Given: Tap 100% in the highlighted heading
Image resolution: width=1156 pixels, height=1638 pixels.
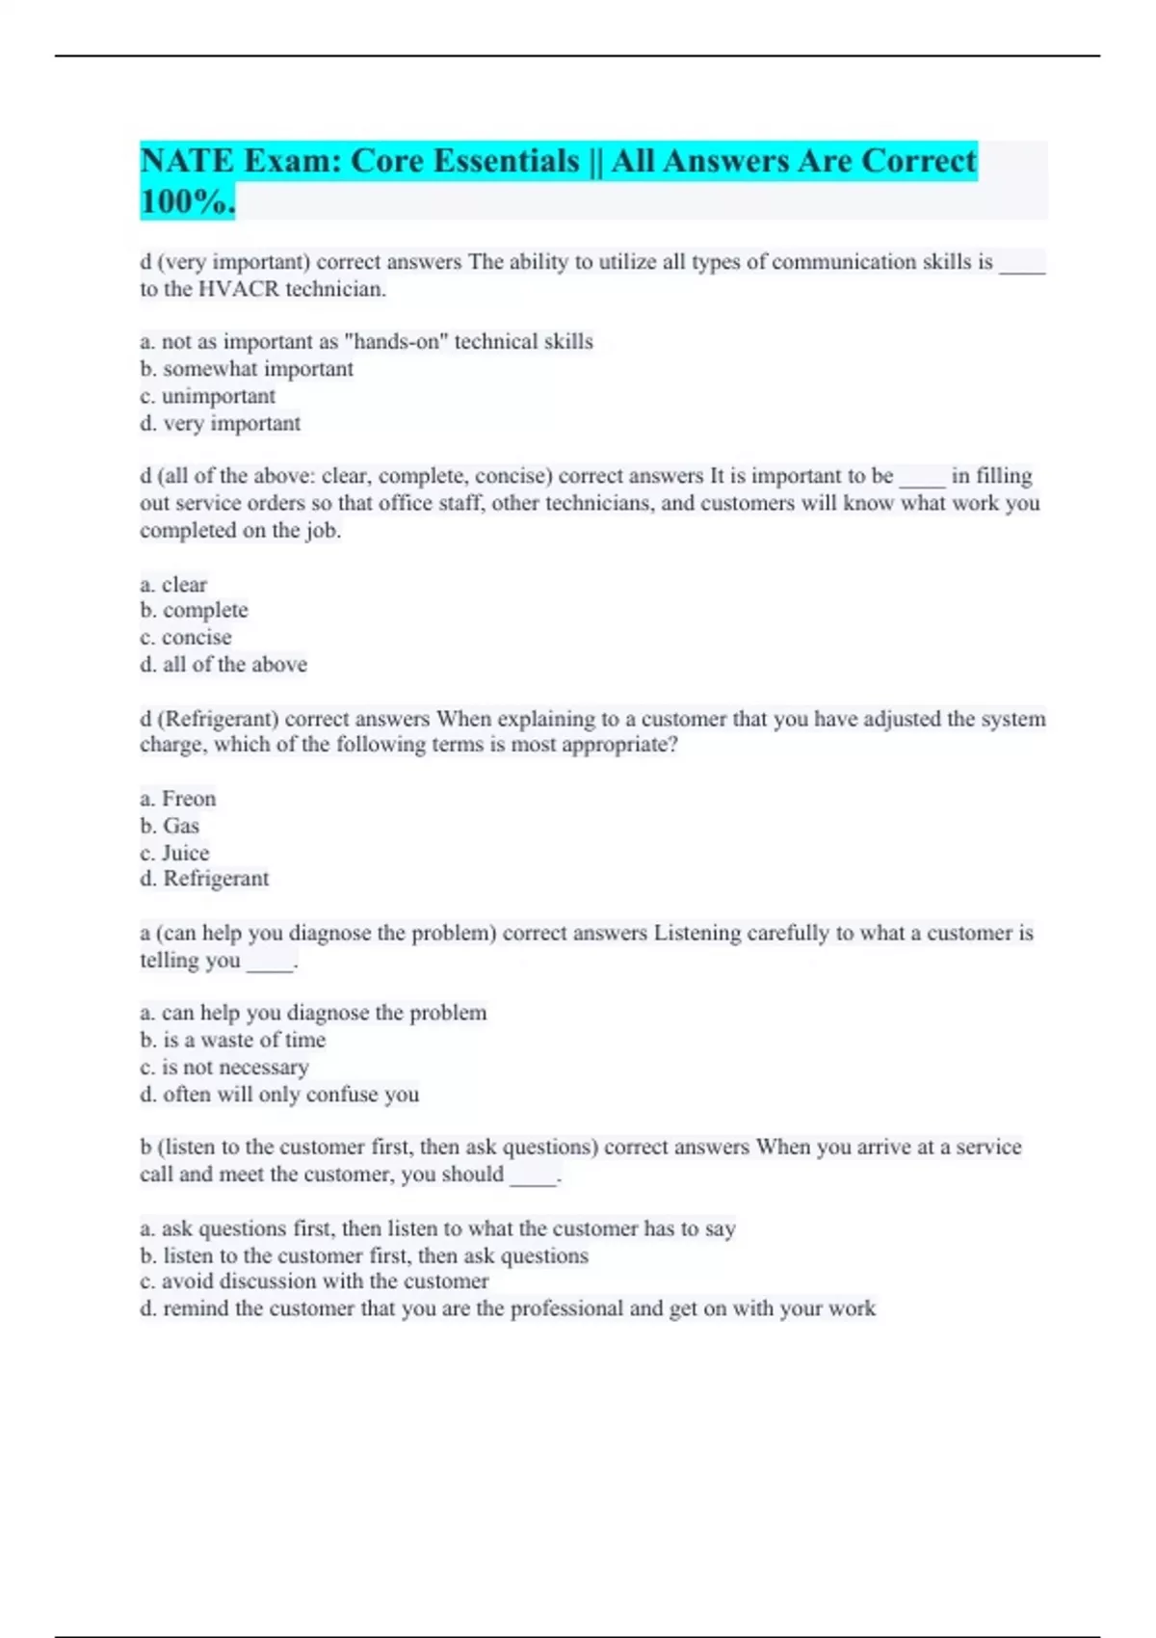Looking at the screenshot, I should (x=187, y=202).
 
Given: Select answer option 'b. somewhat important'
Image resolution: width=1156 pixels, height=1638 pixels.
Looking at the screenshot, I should (x=247, y=369).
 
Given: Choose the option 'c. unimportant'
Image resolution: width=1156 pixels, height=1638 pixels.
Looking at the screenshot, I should (x=207, y=396).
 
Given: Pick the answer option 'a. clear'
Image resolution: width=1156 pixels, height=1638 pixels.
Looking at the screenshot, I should (x=173, y=585).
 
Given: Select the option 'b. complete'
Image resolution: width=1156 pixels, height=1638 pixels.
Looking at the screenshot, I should (x=194, y=610).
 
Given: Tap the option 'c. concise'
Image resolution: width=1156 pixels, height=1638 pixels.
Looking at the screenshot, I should (x=186, y=637).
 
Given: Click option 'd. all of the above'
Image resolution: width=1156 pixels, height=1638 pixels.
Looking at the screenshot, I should (x=223, y=664).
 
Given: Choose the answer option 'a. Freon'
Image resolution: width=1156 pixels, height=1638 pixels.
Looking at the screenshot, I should (x=178, y=799).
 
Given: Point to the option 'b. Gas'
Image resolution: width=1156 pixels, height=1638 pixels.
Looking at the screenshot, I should (x=170, y=826).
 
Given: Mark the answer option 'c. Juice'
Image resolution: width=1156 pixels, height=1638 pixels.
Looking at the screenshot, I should (x=174, y=853).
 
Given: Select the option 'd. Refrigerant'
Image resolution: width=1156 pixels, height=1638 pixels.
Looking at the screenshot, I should (x=204, y=879).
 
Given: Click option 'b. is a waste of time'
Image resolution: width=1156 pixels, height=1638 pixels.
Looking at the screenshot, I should (x=232, y=1040).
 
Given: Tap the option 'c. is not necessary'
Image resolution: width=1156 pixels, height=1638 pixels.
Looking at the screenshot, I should (x=224, y=1067).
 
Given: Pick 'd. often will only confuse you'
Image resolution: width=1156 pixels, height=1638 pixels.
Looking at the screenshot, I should (x=279, y=1094).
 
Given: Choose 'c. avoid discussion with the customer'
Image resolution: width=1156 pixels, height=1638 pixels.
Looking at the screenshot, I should (x=314, y=1281).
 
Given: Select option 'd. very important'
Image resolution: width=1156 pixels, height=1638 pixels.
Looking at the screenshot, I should (x=221, y=423).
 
